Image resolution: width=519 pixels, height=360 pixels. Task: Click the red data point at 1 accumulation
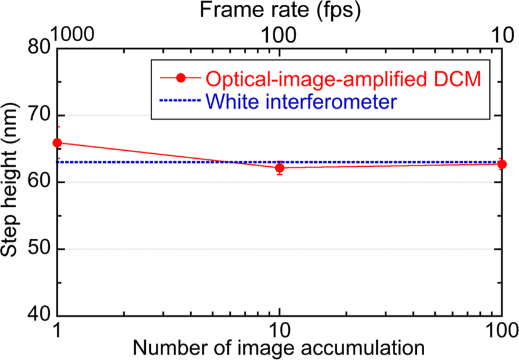pos(57,143)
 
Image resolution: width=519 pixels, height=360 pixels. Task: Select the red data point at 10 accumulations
pos(280,168)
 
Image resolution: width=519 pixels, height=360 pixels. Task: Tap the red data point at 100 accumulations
pos(502,164)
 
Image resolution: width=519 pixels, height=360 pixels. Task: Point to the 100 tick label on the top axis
pos(280,36)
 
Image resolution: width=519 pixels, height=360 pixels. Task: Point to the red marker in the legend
pos(180,78)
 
